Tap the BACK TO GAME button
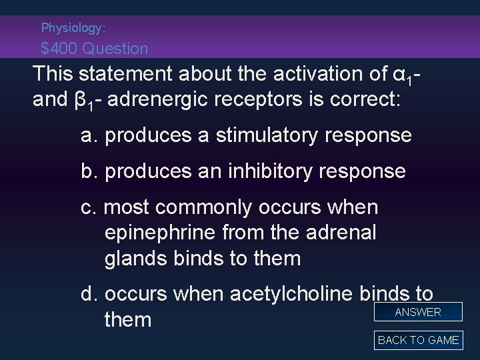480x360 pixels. pos(418,340)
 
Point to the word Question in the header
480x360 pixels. pos(121,49)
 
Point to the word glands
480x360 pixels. pos(137,258)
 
